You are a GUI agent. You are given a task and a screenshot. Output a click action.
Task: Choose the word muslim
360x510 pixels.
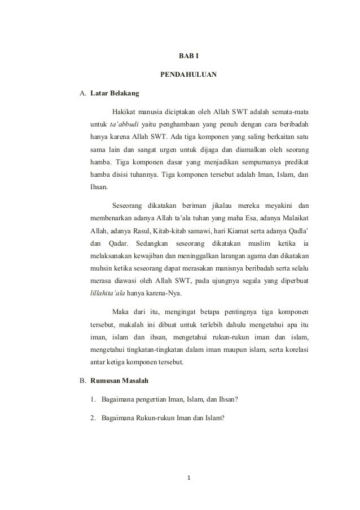tap(274, 243)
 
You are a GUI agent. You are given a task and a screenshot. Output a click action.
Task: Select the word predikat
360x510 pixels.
tap(295, 162)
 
